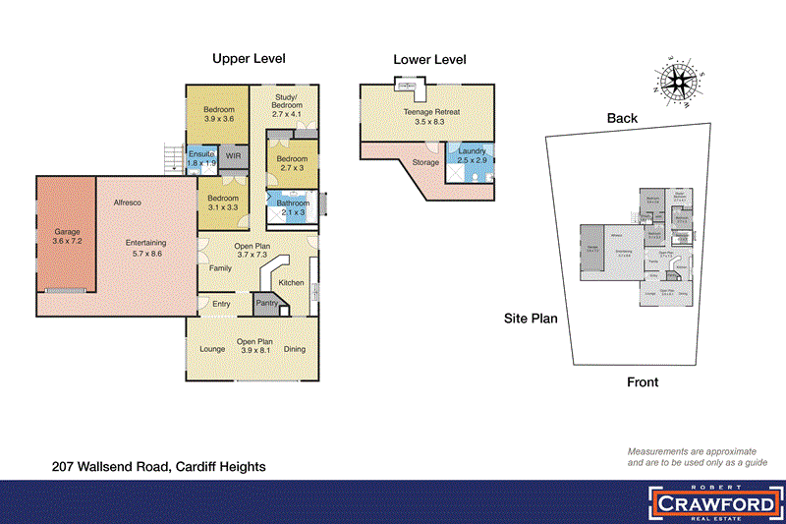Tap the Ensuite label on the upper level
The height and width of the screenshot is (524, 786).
click(x=201, y=157)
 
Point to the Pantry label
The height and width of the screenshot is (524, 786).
click(x=266, y=304)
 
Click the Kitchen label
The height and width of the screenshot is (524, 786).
click(x=292, y=283)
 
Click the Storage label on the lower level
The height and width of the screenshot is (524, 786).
click(x=425, y=162)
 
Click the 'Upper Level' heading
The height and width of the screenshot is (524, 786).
click(x=250, y=59)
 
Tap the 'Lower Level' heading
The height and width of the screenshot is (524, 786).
click(x=429, y=60)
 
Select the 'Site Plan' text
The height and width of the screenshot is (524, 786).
click(x=531, y=320)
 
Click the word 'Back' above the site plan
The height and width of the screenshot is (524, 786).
click(x=622, y=118)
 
